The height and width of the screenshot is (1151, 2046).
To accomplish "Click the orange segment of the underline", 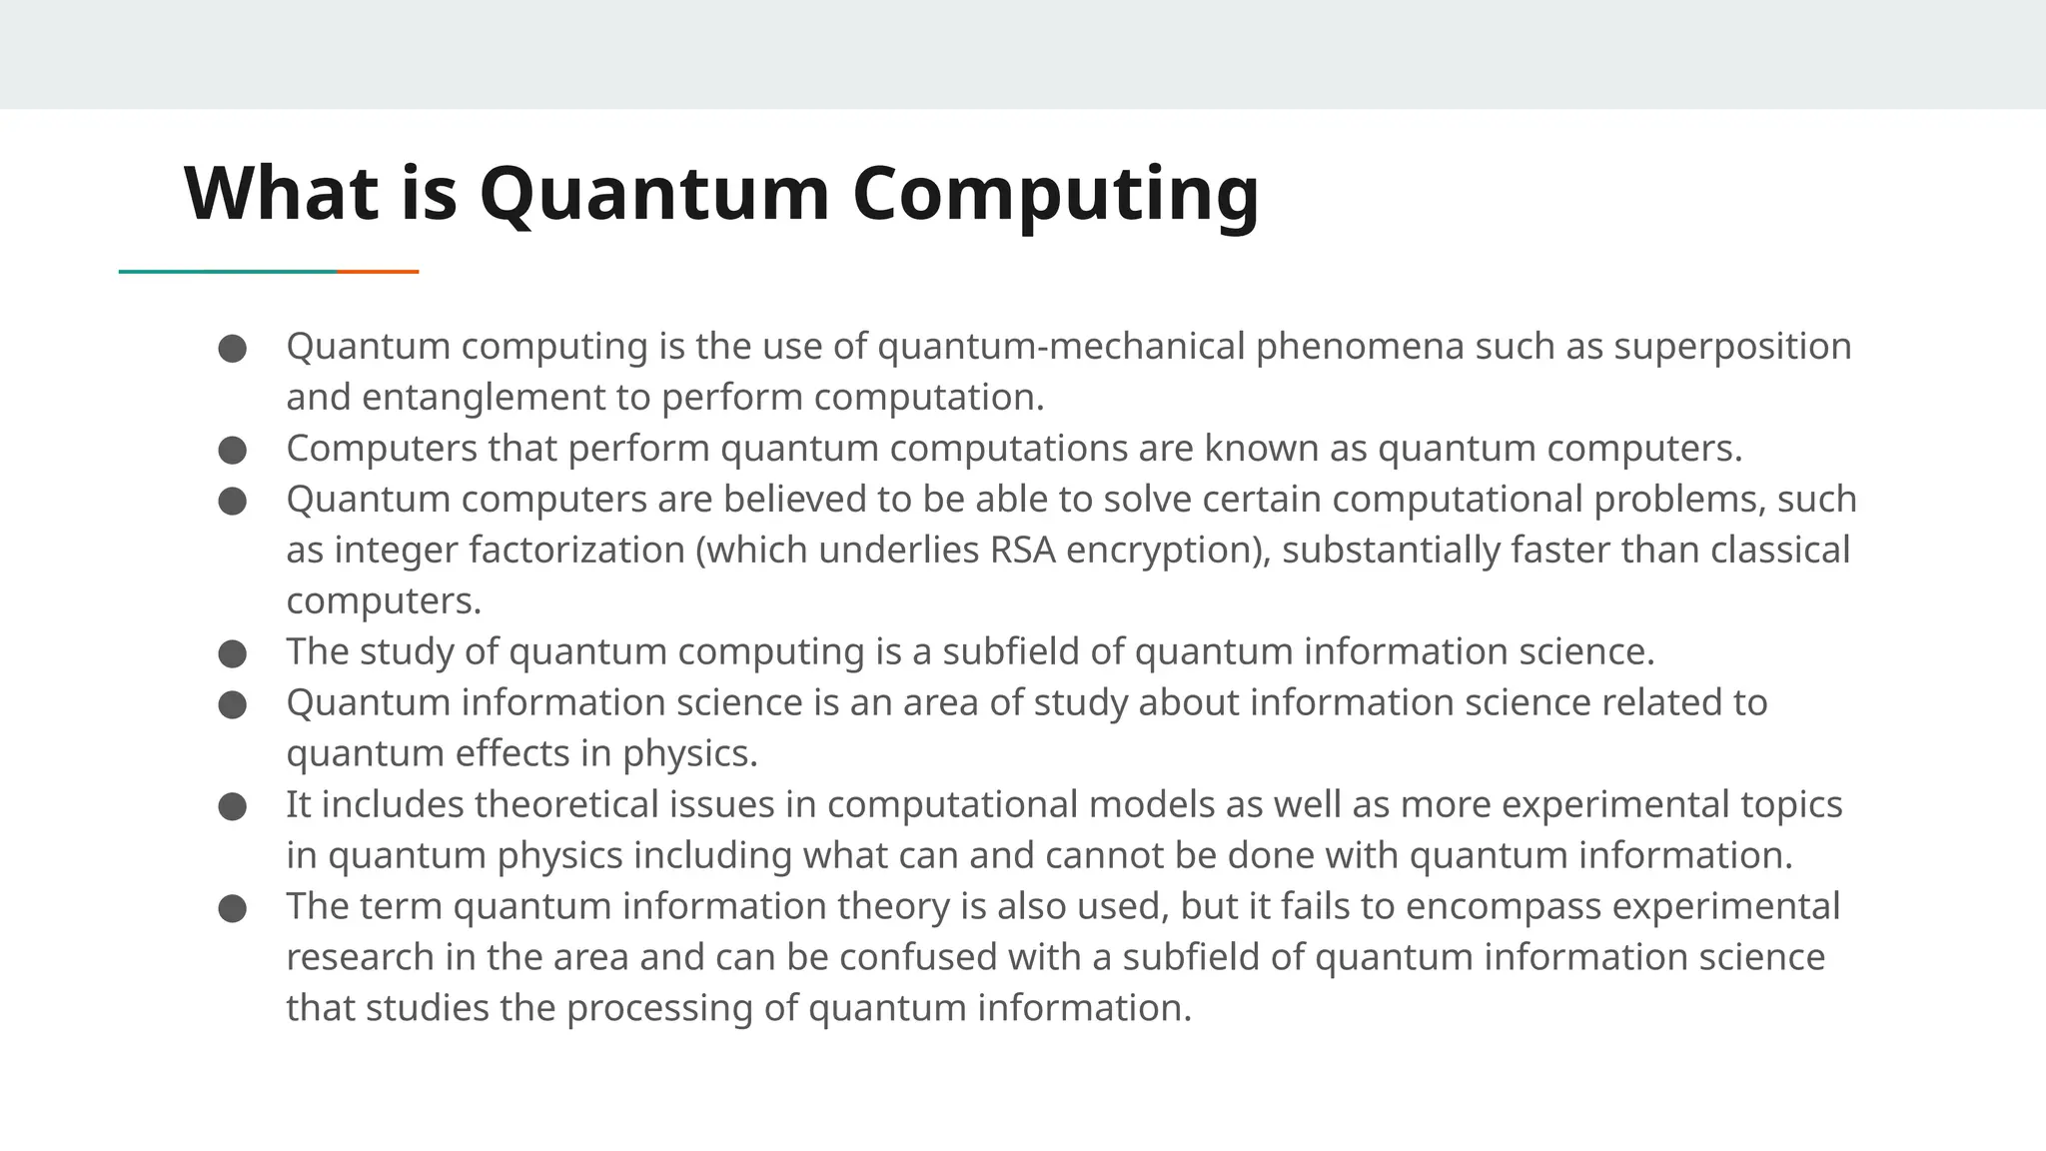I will pos(378,271).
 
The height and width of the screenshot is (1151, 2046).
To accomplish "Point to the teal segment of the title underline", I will pos(228,271).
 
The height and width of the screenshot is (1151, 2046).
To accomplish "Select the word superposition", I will pos(1732,347).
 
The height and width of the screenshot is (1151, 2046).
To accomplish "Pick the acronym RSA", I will pos(1022,551).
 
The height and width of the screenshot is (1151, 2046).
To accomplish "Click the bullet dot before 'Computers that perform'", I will pos(232,450).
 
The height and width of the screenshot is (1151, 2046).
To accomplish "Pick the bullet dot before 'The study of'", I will pos(232,653).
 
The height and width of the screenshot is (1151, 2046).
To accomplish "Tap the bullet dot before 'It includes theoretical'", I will pos(232,806).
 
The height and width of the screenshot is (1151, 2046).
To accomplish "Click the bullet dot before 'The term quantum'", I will pos(232,908).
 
